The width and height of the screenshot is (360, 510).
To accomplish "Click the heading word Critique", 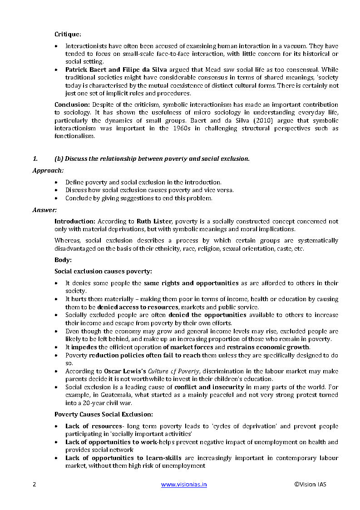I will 68,35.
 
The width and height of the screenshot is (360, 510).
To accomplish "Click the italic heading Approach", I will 48,170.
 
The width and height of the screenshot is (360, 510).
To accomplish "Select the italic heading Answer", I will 44,210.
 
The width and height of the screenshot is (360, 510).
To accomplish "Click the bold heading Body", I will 63,260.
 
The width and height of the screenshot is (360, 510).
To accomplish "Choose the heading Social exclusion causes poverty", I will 103,272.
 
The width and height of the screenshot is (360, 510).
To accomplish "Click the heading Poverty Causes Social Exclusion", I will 104,414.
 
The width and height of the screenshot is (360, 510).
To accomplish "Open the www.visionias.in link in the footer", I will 184,485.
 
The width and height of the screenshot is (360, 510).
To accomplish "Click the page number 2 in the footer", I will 34,485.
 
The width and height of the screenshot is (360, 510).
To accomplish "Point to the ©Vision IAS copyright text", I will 310,485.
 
